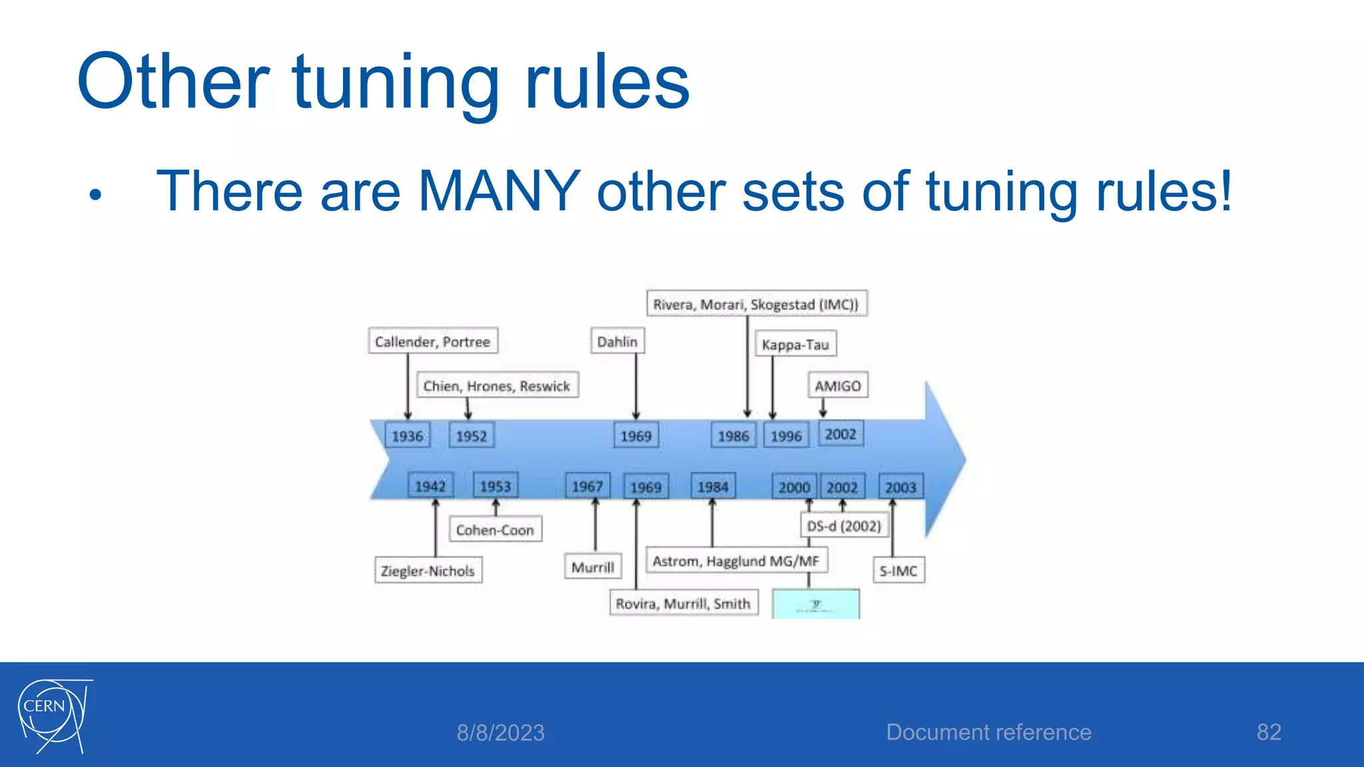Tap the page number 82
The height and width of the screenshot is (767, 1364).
[1268, 732]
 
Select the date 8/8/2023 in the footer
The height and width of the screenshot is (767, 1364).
[500, 733]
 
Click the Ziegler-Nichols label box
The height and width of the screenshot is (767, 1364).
[428, 571]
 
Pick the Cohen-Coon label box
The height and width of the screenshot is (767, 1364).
[495, 530]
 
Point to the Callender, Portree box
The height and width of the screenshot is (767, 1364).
[432, 342]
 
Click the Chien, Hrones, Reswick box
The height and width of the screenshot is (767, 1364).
[497, 385]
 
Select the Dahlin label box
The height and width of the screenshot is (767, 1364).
[617, 342]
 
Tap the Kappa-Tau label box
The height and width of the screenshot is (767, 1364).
[795, 344]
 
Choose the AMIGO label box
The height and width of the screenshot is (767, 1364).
[838, 385]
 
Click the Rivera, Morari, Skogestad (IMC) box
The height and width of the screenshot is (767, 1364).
[756, 304]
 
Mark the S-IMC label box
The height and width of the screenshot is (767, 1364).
[898, 571]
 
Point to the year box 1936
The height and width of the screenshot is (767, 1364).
[407, 436]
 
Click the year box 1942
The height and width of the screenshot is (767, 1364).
[430, 487]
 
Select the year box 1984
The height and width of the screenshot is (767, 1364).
[713, 487]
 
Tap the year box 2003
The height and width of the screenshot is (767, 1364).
[900, 487]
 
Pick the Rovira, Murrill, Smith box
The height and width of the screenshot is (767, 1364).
[683, 603]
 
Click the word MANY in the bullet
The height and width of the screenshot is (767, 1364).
[499, 191]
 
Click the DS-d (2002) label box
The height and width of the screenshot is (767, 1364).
[844, 526]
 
